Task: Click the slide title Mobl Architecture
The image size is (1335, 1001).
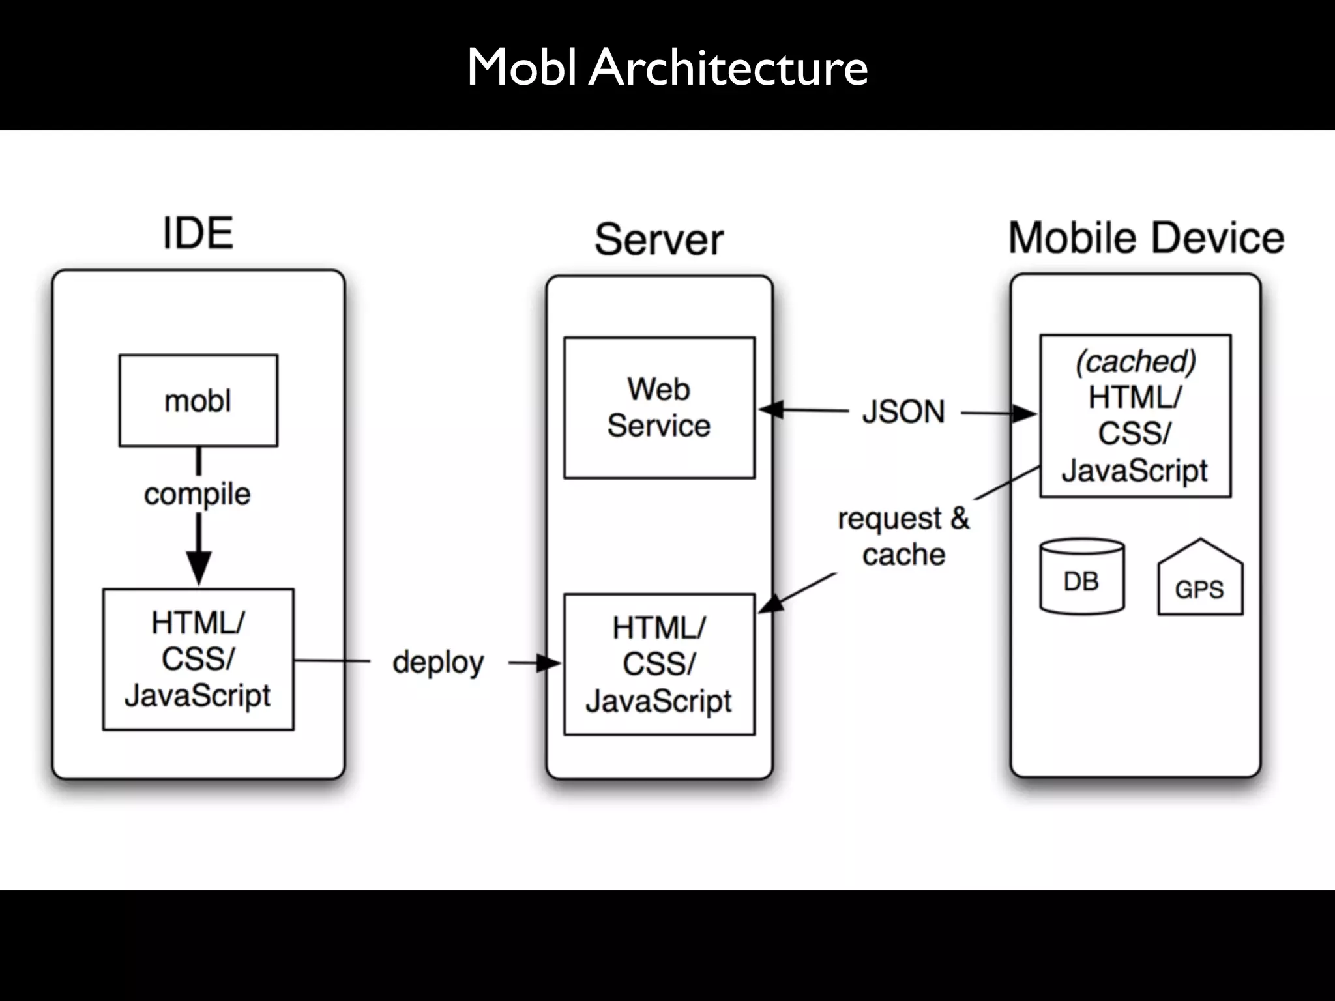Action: point(667,67)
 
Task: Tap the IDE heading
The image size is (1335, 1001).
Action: point(198,233)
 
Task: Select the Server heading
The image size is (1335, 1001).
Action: point(658,239)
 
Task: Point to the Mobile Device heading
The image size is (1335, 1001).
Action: point(1146,237)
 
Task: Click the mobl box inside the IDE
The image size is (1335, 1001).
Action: point(198,400)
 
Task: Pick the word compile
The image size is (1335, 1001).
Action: point(197,494)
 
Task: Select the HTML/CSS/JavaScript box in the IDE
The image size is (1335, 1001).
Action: point(198,659)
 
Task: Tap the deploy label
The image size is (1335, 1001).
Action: point(438,663)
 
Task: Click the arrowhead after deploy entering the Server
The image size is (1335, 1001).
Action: point(549,663)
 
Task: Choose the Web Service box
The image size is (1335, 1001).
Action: point(659,407)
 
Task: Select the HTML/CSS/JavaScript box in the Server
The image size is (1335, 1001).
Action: point(659,664)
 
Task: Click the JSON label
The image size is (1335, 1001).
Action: point(903,412)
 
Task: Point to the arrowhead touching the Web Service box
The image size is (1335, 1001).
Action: point(770,410)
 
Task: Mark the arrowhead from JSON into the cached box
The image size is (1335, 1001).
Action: point(1025,413)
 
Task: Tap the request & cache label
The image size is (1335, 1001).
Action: point(903,536)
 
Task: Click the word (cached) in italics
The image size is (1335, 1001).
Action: point(1135,362)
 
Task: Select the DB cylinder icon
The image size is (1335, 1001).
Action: point(1081,577)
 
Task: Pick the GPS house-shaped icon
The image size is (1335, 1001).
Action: point(1199,579)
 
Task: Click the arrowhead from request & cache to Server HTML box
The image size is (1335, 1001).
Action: point(770,604)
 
